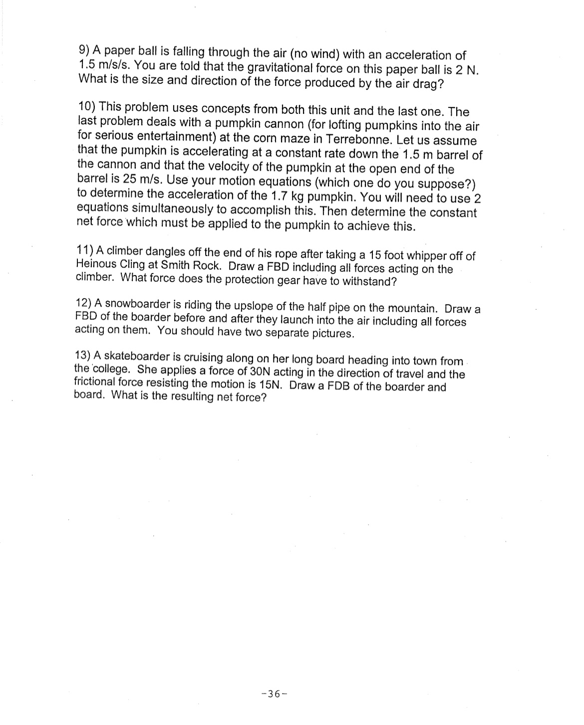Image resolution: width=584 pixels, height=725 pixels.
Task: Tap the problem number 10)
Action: pos(88,106)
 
